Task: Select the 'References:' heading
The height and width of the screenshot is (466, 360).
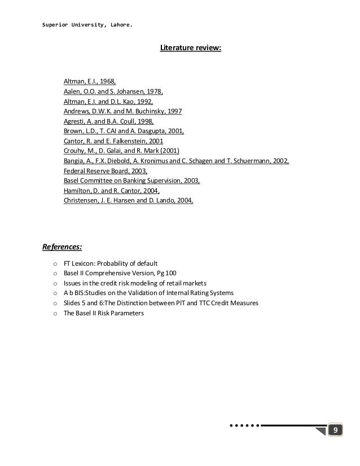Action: (63, 246)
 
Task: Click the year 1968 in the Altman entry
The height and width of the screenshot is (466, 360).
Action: (107, 82)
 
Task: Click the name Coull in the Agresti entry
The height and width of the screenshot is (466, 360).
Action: (127, 121)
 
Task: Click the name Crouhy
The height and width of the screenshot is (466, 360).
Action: (75, 151)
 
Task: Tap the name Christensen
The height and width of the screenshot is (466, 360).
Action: (82, 200)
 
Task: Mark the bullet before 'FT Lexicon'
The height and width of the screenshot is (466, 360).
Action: (54, 263)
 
